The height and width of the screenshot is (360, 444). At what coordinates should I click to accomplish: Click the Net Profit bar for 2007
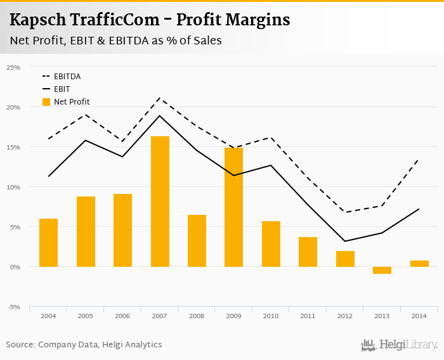[x=160, y=202]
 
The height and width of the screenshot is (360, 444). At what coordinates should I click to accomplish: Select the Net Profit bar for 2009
[x=234, y=207]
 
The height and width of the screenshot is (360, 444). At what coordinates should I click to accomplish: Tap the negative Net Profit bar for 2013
[x=382, y=270]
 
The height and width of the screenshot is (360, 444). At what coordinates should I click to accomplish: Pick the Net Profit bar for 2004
[x=48, y=243]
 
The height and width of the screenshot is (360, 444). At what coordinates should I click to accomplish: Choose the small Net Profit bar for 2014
[x=419, y=264]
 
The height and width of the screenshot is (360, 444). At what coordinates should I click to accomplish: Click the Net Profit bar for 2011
[x=308, y=252]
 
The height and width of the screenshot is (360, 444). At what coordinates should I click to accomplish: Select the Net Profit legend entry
[x=66, y=101]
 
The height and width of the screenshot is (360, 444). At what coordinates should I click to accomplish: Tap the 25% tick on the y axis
[x=13, y=67]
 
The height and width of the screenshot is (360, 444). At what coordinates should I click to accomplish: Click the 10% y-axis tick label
[x=13, y=187]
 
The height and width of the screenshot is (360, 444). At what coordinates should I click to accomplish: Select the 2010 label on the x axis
[x=271, y=315]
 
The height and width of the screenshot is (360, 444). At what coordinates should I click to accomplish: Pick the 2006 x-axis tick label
[x=122, y=315]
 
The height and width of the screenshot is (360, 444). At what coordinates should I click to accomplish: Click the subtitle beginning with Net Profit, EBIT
[x=115, y=41]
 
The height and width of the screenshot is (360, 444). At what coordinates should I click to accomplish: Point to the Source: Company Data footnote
[x=84, y=345]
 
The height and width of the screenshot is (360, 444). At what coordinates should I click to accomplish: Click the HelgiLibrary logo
[x=400, y=345]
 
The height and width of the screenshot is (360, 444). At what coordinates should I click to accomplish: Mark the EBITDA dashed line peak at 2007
[x=160, y=98]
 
